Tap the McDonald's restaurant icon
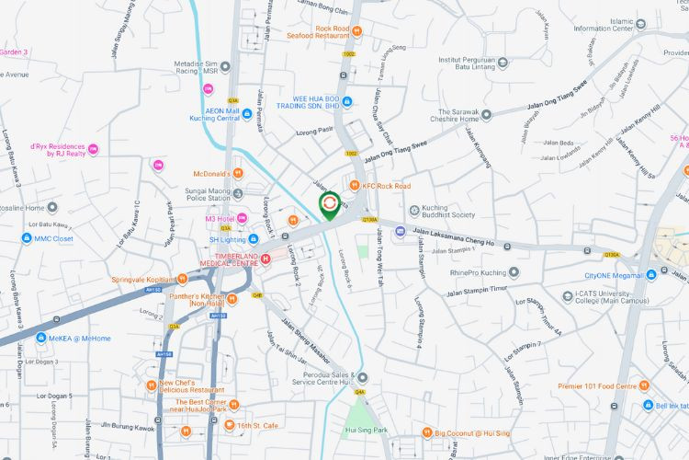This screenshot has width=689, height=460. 238,173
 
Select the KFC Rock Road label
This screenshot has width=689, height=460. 387,186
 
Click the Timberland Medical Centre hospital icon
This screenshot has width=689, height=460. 265,259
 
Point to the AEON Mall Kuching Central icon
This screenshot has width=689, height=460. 246,114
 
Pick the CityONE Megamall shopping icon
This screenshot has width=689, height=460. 650,274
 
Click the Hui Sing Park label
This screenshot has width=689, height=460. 366,430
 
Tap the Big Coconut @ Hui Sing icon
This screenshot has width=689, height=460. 427,432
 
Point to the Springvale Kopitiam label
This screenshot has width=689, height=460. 143,279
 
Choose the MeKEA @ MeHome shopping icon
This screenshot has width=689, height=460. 42,339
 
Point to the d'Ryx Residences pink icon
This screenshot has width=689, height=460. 93,149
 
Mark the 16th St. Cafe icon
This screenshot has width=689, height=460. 229,426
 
